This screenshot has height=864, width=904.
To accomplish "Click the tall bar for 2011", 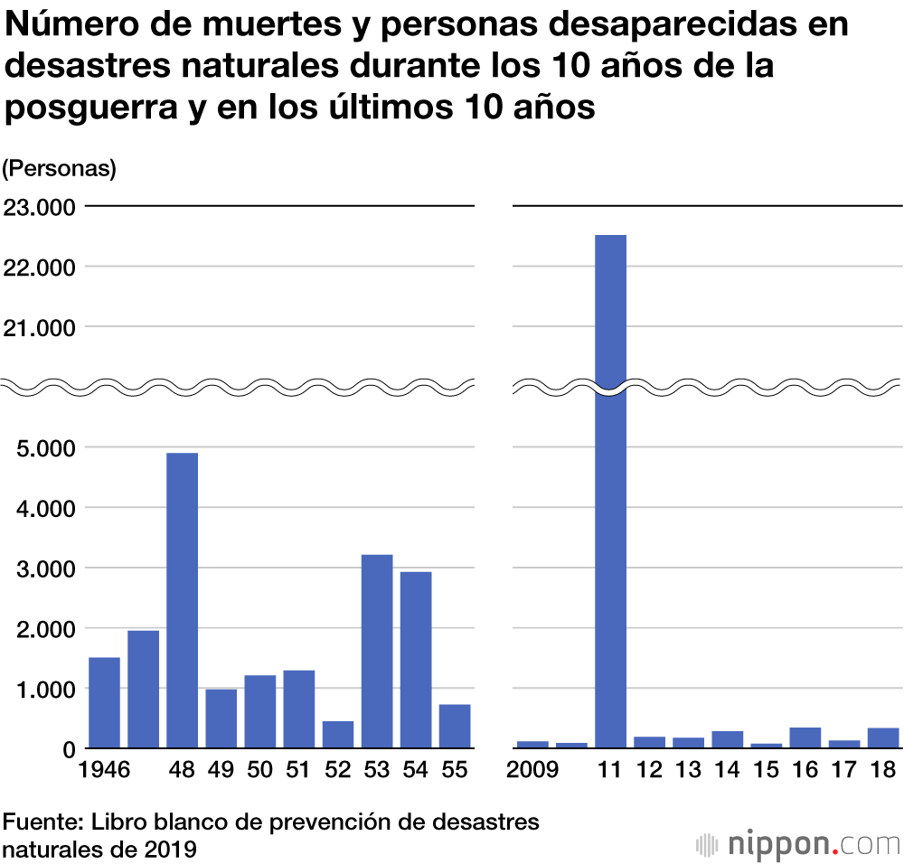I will click(x=611, y=488).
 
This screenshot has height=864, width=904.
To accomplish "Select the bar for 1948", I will click(x=183, y=600).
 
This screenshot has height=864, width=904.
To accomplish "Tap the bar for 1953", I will click(x=377, y=651).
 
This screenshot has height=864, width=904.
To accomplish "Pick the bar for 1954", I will click(x=416, y=660).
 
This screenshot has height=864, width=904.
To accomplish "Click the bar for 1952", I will click(x=338, y=735).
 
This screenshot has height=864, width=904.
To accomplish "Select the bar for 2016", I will click(x=805, y=737).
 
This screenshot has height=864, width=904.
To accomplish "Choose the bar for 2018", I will click(x=883, y=737).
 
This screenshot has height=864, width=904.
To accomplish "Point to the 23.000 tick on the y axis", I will click(x=42, y=207).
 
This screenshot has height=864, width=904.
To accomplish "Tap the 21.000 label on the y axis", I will click(x=42, y=327).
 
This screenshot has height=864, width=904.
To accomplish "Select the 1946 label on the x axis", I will click(x=105, y=771).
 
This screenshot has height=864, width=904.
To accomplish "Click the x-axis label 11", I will click(x=611, y=771).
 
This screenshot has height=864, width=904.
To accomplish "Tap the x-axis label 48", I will click(x=183, y=771).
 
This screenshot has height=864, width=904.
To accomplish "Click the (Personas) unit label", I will click(x=61, y=168).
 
